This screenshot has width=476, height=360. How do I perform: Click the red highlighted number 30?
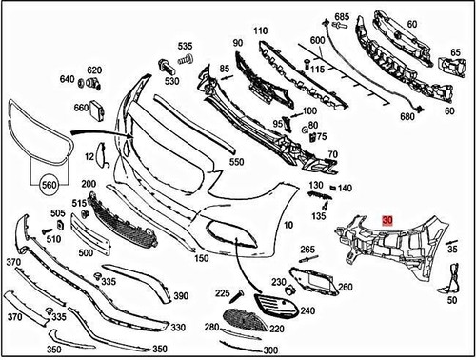pos(387,218)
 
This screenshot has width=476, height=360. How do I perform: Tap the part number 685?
pos(341,16)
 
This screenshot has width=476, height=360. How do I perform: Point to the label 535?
pos(184,46)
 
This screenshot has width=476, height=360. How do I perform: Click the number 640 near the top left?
pos(67,79)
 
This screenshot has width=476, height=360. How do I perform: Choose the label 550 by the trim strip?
pos(236,163)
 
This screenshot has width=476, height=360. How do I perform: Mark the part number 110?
pos(260,31)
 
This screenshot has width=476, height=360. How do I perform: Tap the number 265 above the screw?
pos(307,250)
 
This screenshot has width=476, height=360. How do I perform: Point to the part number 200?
pos(89,184)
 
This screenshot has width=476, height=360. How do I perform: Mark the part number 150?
pos(200,258)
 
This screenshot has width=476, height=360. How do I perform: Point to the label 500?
pos(86,253)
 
